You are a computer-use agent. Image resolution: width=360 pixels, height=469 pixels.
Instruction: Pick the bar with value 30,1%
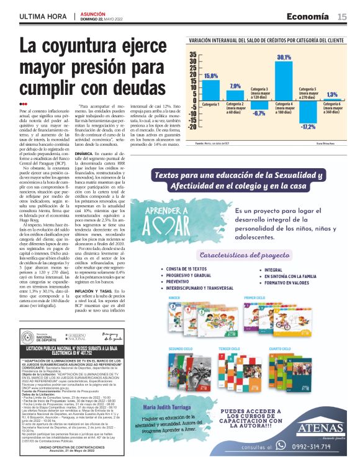coord(284,81)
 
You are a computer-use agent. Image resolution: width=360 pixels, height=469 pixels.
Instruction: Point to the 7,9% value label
coord(235,86)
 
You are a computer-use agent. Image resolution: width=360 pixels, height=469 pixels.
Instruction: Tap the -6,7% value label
coord(259,114)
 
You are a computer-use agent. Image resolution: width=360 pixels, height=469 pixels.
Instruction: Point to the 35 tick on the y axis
coord(192,55)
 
